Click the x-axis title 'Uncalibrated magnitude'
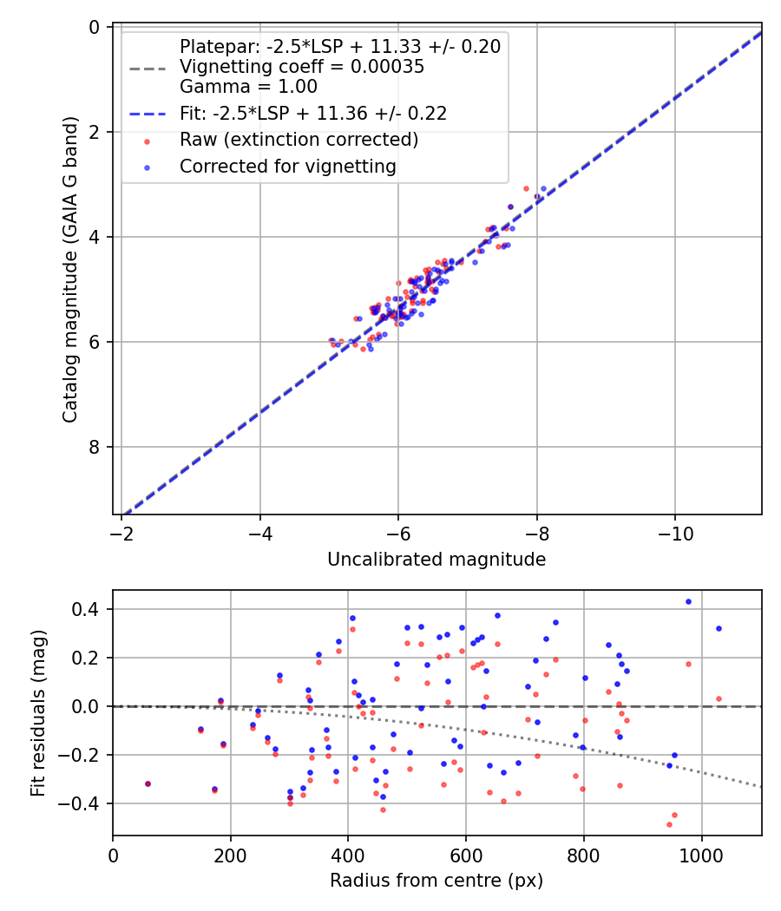point(436,560)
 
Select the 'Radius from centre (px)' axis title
point(436,881)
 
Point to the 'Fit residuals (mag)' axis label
point(37,713)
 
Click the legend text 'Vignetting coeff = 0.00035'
point(302,67)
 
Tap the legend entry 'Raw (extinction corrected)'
point(299,140)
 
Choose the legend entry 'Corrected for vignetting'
point(287,167)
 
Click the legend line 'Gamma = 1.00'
point(248,87)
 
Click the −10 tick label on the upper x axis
point(675,534)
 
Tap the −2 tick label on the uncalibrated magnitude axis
point(121,534)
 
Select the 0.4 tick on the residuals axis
point(90,609)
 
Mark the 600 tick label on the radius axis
point(466,855)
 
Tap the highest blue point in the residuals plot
point(688,601)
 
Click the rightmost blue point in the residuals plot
point(719,628)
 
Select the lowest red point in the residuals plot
point(669,824)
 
